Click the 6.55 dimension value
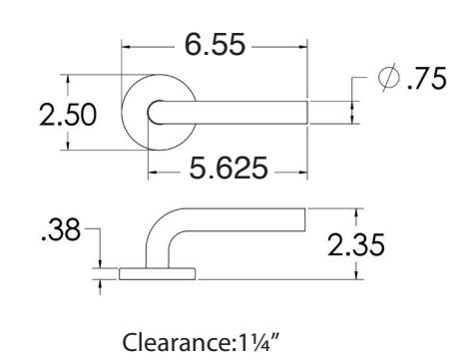coord(215,44)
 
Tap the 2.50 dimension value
coord(68,115)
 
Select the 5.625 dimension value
coord(229,168)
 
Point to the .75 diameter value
coord(426,79)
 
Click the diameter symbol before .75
coord(388,77)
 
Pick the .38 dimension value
coord(61,229)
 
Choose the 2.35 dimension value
coord(356,244)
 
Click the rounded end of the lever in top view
coord(149,113)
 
